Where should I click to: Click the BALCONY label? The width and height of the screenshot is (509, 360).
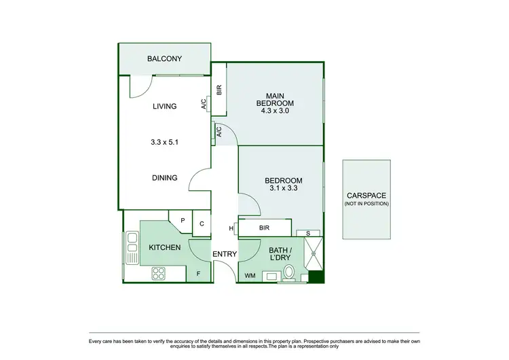point(164,59)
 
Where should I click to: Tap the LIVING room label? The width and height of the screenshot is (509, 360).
point(164,106)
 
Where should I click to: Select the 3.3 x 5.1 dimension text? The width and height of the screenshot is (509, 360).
point(164,143)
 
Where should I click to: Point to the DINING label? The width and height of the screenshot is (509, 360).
point(164,178)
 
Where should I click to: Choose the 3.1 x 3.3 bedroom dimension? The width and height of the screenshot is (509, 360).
point(283,190)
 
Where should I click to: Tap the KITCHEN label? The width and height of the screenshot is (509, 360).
point(164,247)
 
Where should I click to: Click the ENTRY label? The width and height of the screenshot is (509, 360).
point(225,255)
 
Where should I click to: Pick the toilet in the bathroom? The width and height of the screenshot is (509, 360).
point(288,274)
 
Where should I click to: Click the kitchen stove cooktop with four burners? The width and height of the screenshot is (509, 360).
point(159,273)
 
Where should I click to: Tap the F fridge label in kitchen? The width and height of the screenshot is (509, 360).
point(198,274)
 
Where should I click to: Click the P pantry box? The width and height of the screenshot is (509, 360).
point(183,220)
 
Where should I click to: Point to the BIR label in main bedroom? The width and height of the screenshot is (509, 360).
point(219,89)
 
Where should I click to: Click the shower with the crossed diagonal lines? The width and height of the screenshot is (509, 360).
point(314,256)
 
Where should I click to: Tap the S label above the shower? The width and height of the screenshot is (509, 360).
point(309,233)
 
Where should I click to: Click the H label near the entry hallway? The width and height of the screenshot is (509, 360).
point(232,228)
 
